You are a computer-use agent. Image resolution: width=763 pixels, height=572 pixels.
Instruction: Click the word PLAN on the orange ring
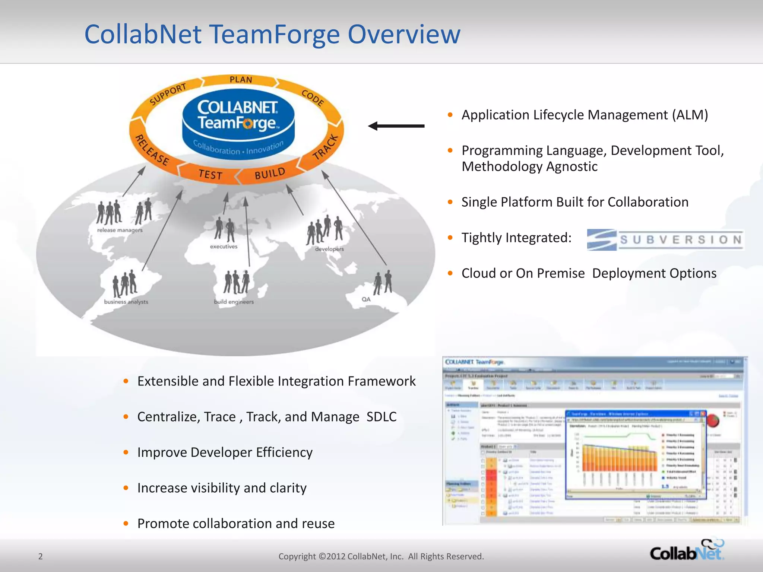tap(241, 80)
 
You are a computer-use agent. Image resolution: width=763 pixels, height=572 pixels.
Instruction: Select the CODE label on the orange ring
tap(313, 98)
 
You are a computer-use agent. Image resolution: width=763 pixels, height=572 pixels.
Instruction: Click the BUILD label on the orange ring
tap(270, 174)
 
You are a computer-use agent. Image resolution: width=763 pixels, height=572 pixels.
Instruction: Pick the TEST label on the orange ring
tap(210, 174)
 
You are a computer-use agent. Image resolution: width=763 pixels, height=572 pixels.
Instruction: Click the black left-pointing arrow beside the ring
tap(396, 126)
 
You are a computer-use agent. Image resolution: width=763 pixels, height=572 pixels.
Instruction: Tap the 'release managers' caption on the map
tap(120, 230)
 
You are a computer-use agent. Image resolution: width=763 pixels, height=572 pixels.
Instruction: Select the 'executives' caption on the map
tap(224, 247)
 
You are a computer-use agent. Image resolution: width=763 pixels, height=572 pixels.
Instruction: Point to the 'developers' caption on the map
tap(329, 249)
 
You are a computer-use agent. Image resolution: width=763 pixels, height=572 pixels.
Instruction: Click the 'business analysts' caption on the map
tap(126, 302)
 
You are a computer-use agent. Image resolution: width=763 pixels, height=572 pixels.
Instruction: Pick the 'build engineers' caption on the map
tap(234, 302)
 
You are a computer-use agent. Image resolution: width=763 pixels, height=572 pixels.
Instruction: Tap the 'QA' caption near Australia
tap(366, 299)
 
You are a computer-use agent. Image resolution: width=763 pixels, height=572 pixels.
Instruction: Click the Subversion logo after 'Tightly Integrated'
tap(665, 239)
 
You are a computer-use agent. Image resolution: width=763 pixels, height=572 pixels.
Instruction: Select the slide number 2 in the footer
tap(41, 556)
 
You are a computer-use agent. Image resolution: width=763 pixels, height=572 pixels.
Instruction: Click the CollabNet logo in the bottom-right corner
tap(687, 551)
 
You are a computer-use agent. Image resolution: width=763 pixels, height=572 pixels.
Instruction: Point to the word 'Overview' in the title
tap(404, 34)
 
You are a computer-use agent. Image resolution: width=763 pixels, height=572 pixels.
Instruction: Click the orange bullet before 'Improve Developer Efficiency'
tap(126, 452)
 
